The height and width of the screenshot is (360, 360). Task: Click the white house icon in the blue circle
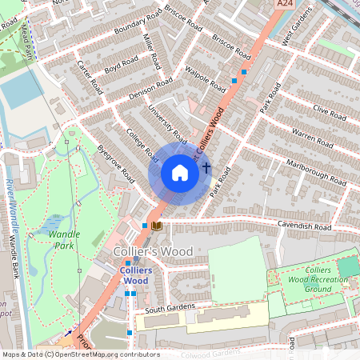180,173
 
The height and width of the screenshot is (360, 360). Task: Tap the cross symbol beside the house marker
206,168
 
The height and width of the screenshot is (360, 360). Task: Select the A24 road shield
286,5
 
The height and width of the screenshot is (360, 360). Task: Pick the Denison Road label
150,90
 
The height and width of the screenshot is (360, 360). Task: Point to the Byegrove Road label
114,162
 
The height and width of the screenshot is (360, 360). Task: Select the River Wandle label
11,200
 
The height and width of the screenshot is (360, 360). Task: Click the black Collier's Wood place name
153,252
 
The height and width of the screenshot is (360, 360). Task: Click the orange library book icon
157,226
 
